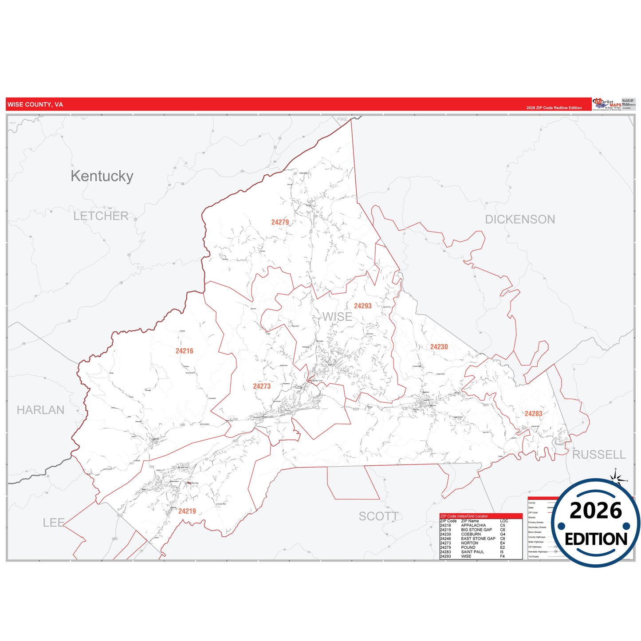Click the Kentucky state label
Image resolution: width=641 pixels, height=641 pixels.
[102, 176]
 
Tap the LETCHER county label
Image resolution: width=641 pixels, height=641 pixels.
[101, 216]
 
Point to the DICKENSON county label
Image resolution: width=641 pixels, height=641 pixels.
[520, 220]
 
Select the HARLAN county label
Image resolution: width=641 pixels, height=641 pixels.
[40, 410]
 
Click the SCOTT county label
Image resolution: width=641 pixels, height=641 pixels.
[378, 516]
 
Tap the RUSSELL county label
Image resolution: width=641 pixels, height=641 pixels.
[599, 455]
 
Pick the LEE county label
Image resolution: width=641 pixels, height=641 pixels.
[54, 523]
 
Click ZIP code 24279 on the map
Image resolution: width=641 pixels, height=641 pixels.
[280, 222]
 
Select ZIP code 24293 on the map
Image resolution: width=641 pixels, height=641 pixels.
[362, 306]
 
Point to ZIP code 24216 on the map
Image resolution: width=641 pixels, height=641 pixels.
[184, 351]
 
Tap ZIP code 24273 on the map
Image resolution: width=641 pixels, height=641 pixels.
[262, 386]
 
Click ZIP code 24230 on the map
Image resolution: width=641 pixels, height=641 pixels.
[439, 347]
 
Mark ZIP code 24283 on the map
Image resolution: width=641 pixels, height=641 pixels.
[533, 414]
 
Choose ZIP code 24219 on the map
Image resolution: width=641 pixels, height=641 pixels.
[187, 511]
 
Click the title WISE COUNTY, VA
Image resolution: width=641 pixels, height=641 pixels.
[35, 105]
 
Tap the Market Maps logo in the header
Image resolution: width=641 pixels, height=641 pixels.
[607, 104]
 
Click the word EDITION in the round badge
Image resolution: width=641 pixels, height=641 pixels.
[596, 539]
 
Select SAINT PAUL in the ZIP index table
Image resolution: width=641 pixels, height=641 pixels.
[472, 552]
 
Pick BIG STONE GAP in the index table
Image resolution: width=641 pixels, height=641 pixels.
[476, 530]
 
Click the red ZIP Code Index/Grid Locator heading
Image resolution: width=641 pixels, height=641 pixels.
[464, 516]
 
